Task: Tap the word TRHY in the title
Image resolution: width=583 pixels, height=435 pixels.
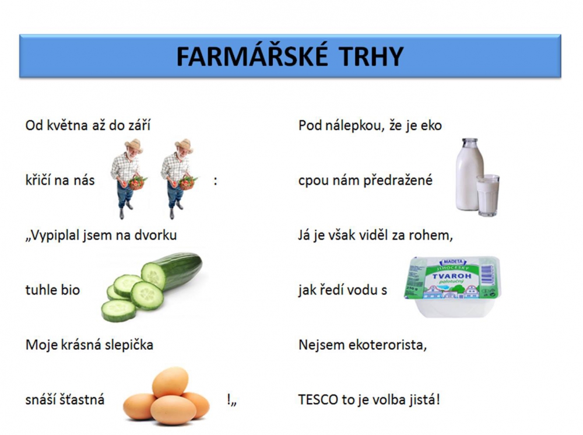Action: point(371,57)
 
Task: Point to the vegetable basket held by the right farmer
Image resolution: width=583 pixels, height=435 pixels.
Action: point(187,183)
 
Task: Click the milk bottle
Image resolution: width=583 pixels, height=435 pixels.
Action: point(469,174)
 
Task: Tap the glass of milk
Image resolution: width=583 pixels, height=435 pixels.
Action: point(488,195)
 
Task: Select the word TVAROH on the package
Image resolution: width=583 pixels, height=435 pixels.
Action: point(451,276)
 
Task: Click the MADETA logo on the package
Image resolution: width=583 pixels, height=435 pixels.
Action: point(452,262)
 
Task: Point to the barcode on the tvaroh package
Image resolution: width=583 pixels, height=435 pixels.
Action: point(486,275)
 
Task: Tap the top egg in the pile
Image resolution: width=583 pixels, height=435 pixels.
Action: point(170,382)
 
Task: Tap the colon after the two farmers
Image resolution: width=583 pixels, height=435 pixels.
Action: point(215,181)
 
